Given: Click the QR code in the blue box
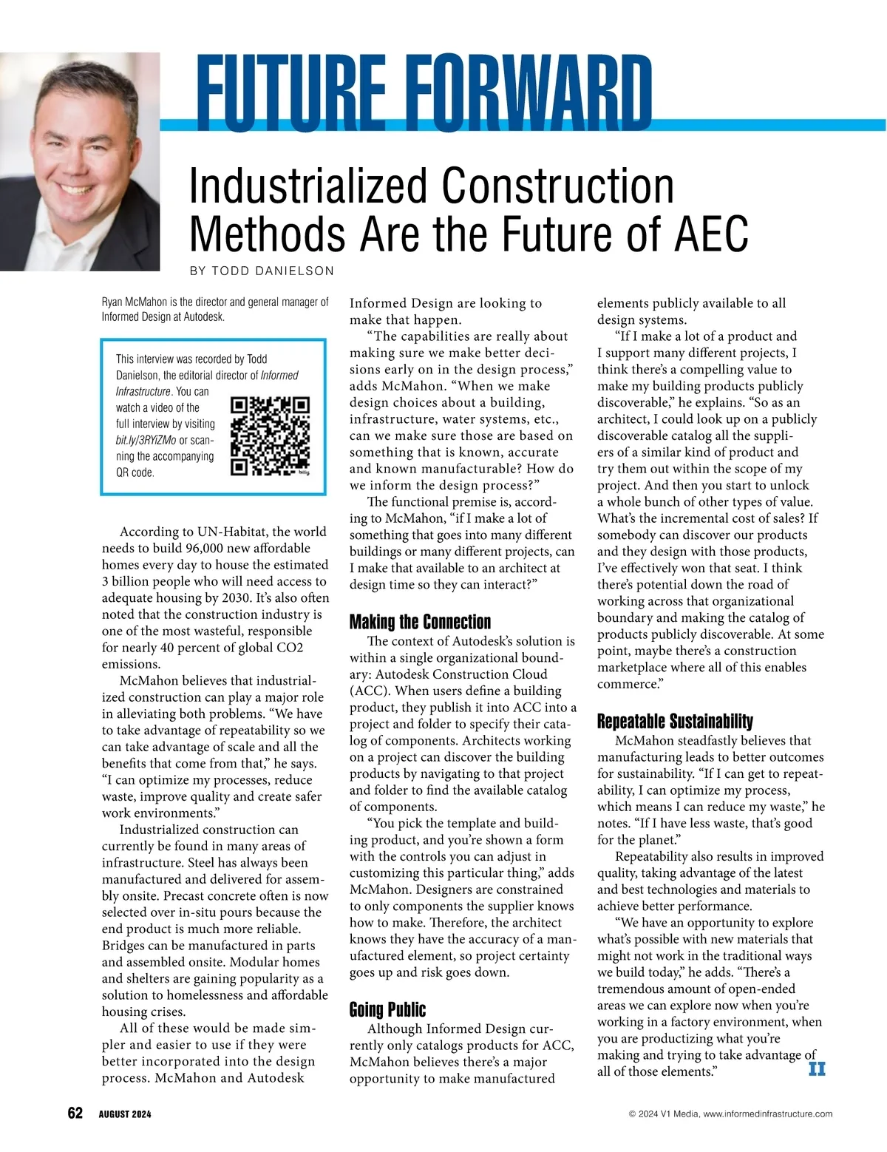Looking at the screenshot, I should click(270, 436).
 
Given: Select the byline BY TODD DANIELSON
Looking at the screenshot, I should click(262, 271).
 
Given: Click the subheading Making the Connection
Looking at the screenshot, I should click(420, 622).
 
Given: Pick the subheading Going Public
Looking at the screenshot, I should click(387, 1009).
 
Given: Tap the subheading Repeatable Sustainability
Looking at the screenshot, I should click(675, 721).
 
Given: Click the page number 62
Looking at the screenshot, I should click(75, 1114).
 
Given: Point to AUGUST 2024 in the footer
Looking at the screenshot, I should click(125, 1114).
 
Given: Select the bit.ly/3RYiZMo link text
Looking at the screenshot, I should click(146, 440).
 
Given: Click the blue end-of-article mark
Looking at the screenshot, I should click(817, 1069).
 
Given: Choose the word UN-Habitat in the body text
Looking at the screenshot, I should click(231, 532).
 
